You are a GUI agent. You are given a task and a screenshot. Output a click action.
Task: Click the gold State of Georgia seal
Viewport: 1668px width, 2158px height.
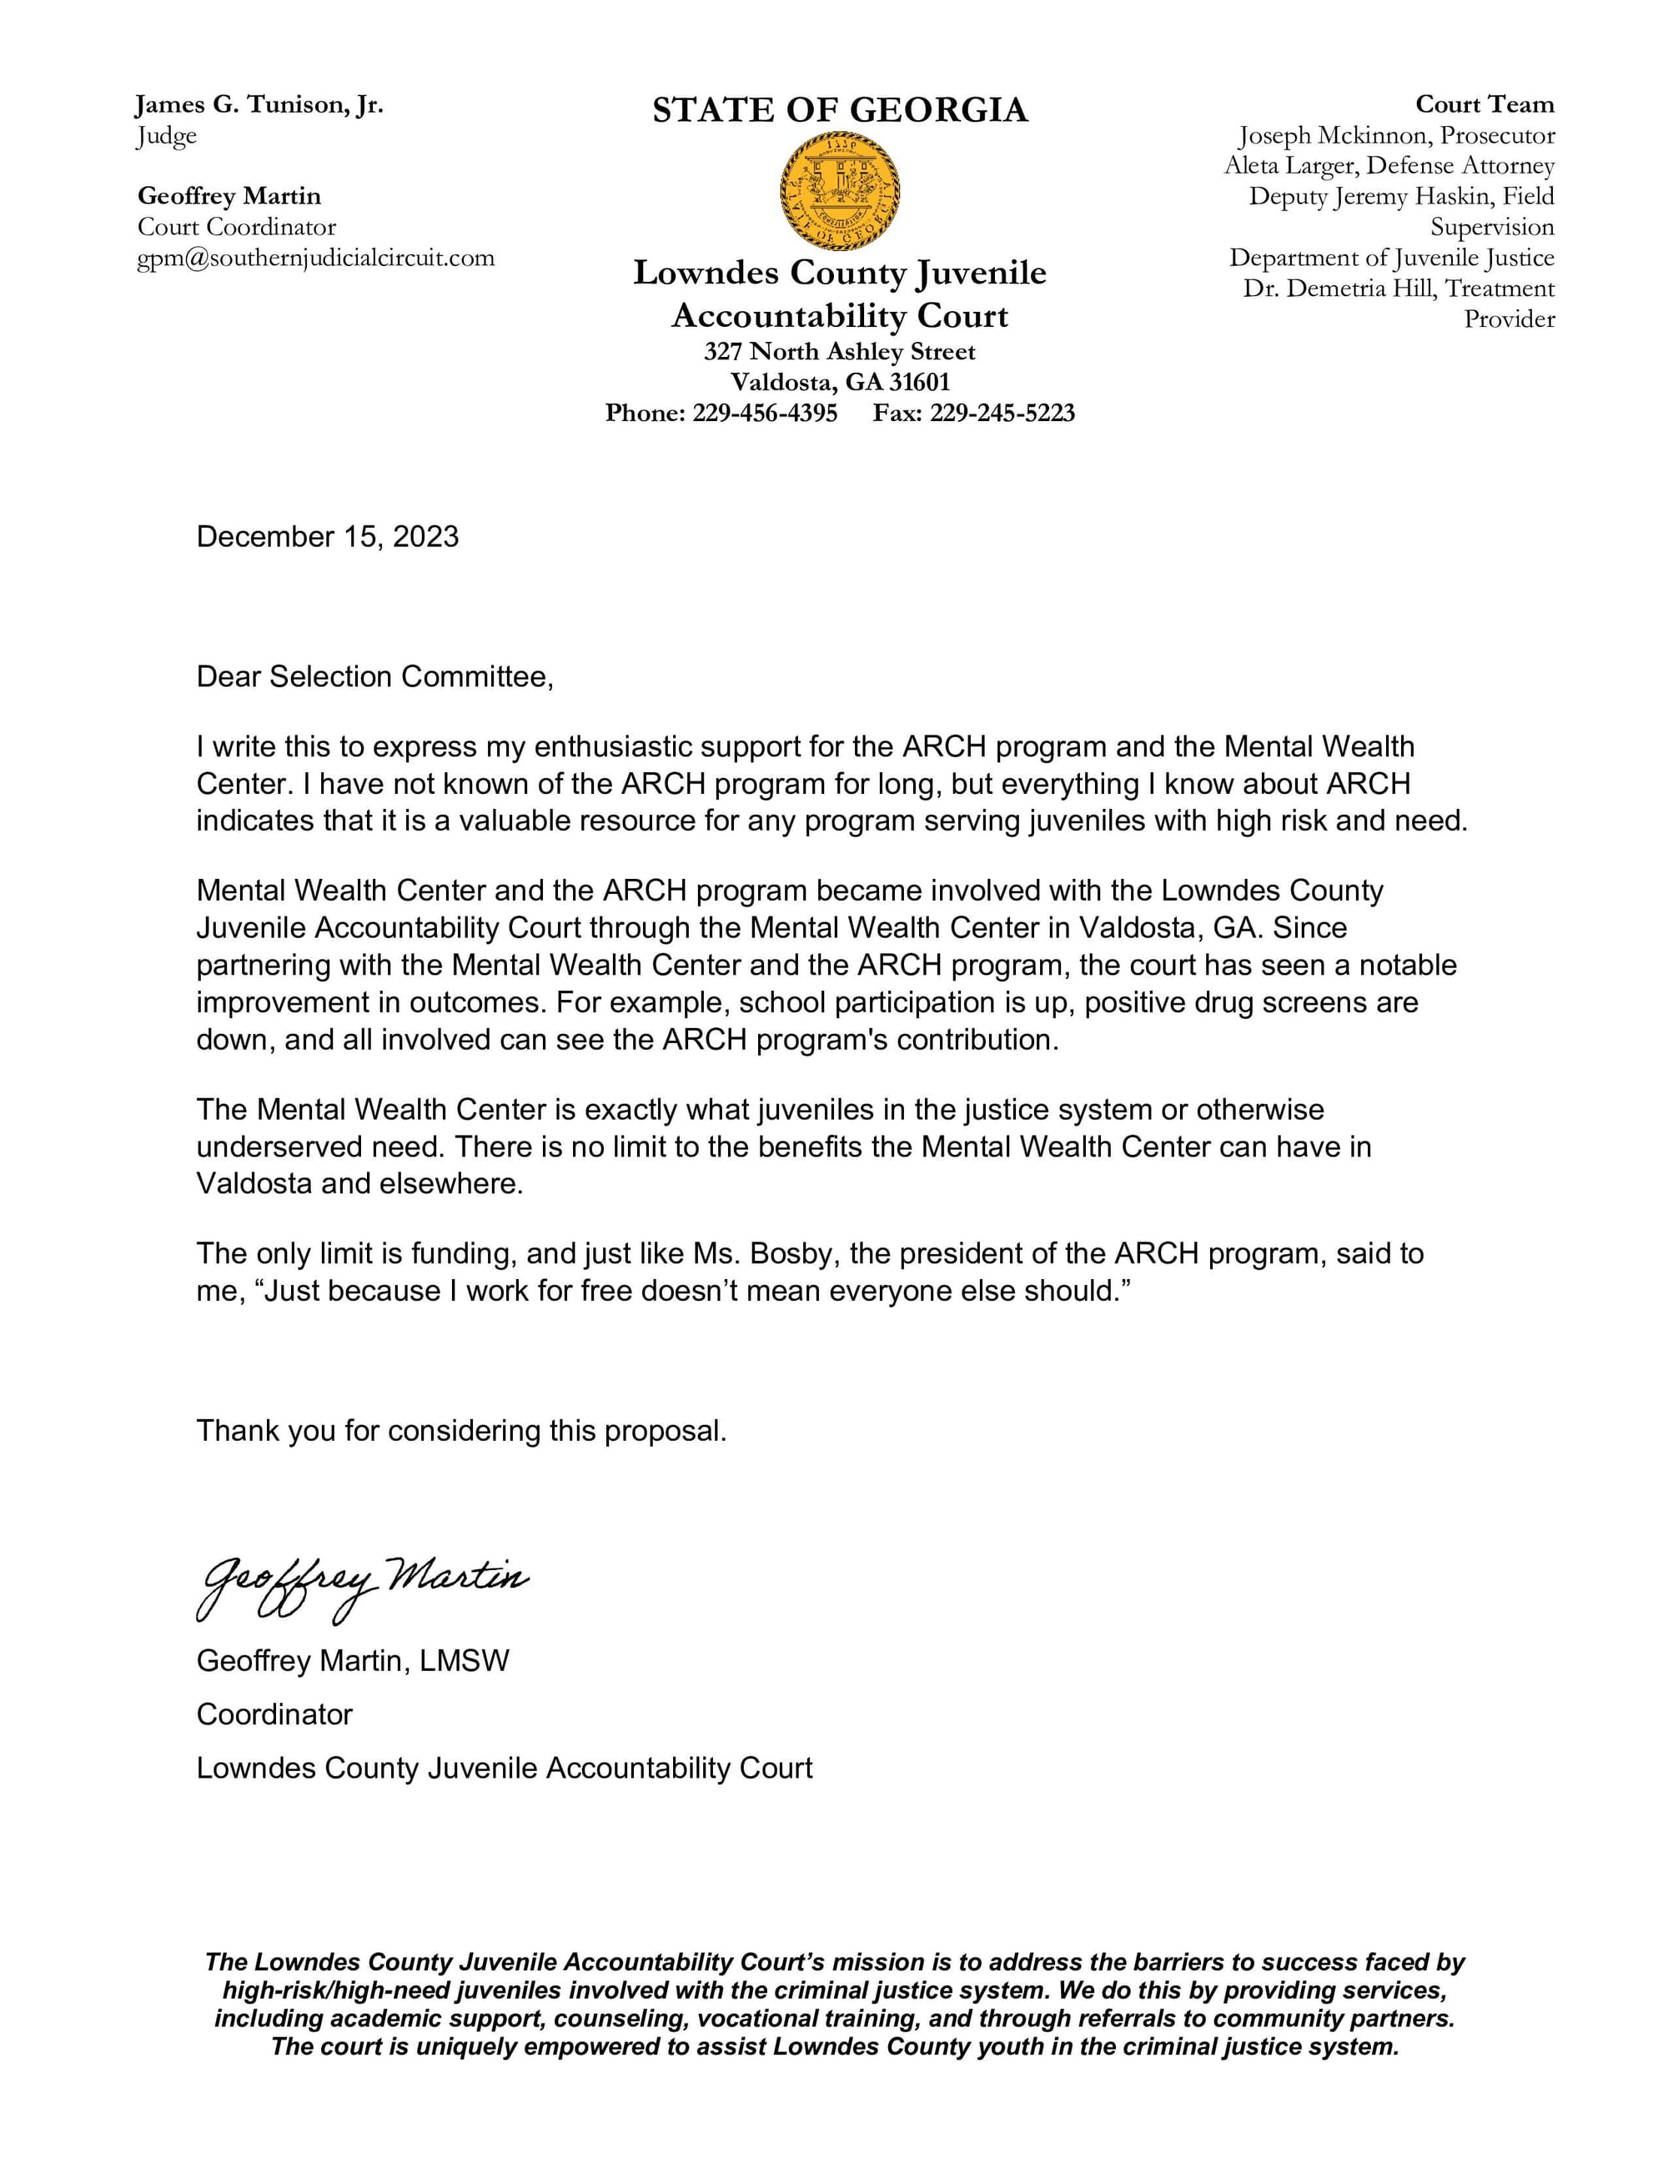(839, 191)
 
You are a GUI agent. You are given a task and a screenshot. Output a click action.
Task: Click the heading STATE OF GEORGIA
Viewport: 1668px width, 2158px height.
(839, 110)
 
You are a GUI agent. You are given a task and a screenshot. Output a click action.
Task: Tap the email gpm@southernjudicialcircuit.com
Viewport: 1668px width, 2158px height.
(315, 258)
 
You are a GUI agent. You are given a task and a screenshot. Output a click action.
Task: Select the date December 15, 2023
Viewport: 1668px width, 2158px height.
(327, 536)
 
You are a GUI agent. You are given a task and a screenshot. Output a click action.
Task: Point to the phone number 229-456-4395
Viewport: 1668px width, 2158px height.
(764, 413)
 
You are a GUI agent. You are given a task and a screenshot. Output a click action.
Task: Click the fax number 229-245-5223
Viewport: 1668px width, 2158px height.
(1001, 413)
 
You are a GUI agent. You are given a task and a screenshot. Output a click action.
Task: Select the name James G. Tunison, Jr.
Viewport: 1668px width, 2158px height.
(259, 105)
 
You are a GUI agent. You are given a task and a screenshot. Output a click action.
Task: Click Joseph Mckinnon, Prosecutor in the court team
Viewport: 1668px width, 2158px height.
(1396, 135)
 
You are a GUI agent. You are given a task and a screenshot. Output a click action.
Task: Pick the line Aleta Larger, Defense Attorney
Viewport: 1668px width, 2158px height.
(1389, 166)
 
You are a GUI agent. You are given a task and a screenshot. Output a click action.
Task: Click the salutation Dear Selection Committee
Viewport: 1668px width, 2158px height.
(374, 677)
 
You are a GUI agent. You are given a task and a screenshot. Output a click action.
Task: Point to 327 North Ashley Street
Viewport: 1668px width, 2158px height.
(839, 352)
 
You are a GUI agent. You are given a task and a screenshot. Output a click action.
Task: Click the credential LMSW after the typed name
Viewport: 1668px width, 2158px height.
(464, 1661)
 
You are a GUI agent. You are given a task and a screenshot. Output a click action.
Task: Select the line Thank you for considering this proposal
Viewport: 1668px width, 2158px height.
(461, 1431)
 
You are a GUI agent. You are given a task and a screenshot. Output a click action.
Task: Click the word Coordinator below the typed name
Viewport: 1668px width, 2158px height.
(274, 1714)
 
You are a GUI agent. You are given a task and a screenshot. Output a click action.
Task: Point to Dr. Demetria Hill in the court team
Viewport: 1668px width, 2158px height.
(1339, 289)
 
